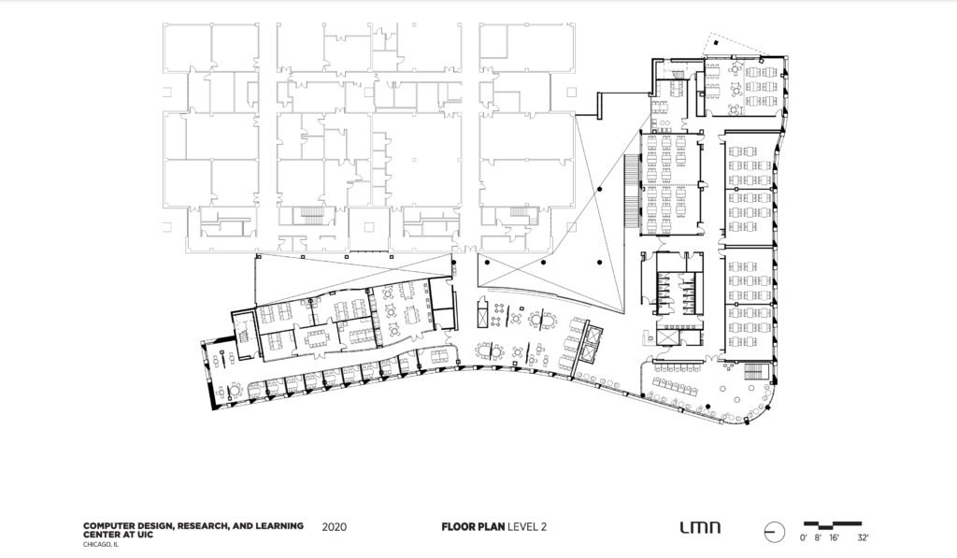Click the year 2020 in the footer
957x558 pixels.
[x=334, y=527]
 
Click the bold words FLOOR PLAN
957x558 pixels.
[x=473, y=527]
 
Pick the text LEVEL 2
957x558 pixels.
[x=526, y=527]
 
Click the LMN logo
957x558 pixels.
[x=700, y=527]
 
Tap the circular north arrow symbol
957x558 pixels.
[x=773, y=533]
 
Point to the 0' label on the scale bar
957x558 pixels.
[x=803, y=539]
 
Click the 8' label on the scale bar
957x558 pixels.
[x=817, y=539]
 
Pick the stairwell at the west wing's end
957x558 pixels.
[x=244, y=332]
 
